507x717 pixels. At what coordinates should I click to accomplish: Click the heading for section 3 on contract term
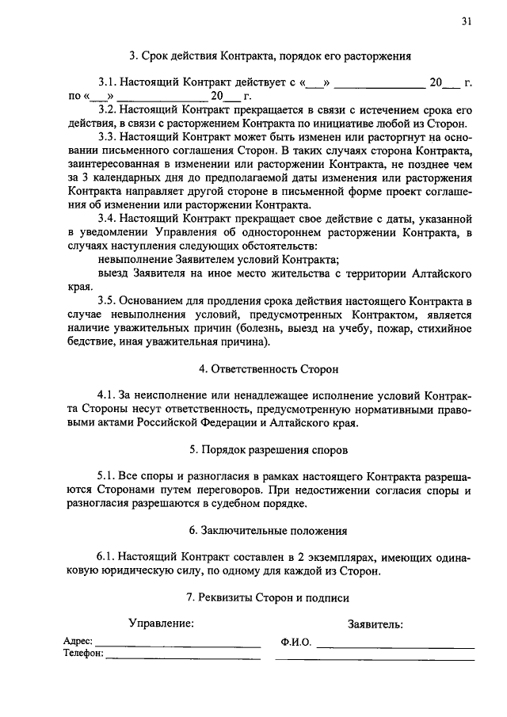click(x=270, y=56)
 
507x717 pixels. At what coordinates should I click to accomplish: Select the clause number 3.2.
click(x=108, y=109)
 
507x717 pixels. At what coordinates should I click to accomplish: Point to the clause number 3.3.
click(x=108, y=137)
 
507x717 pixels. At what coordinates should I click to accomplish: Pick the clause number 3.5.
click(x=108, y=301)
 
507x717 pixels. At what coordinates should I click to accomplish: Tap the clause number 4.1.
click(x=106, y=395)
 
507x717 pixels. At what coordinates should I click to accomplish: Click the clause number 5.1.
click(x=106, y=476)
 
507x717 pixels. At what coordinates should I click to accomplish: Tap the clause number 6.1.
click(x=106, y=557)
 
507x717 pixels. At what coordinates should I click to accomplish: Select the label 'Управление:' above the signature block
click(x=162, y=624)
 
